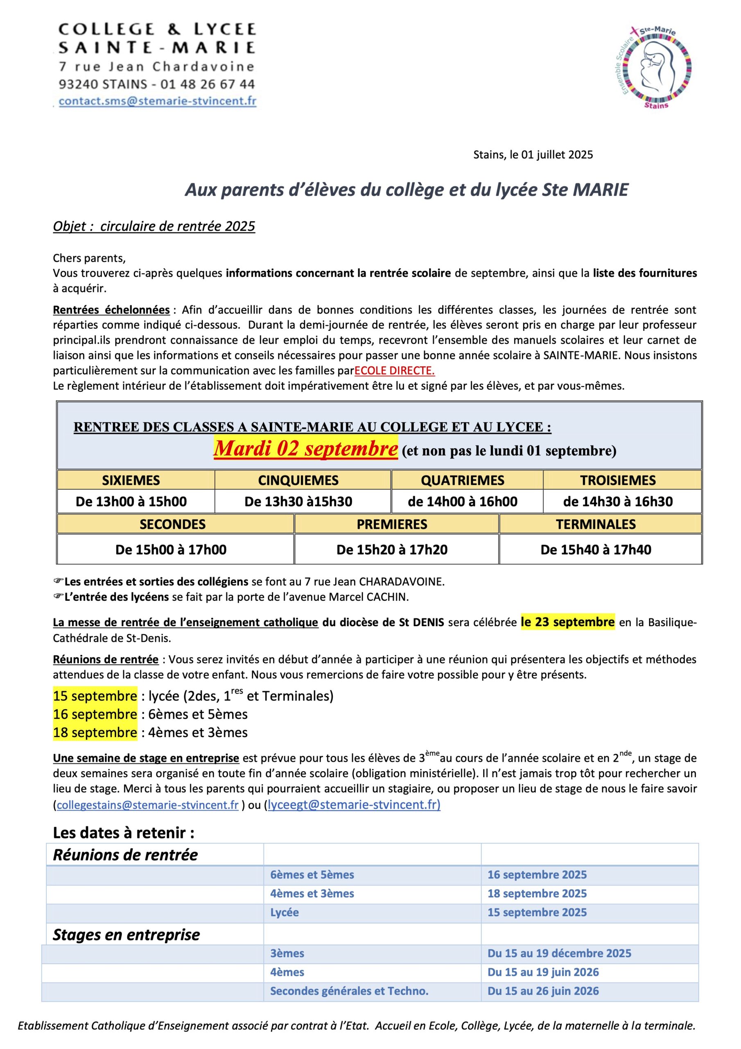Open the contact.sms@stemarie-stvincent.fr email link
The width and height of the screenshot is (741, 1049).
[x=158, y=101]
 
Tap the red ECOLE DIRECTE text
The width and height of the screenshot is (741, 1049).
[x=395, y=370]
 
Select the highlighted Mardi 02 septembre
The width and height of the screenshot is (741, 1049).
[x=305, y=449]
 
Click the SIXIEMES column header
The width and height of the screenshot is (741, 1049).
[x=131, y=480]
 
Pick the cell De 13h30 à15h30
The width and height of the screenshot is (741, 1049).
[x=298, y=502]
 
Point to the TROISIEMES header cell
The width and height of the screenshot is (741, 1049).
[x=618, y=480]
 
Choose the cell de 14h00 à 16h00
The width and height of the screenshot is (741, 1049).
[x=463, y=502]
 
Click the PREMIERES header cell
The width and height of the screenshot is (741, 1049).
[x=392, y=524]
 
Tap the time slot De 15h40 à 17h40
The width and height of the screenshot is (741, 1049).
[x=596, y=549]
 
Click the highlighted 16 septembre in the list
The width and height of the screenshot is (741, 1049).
[x=95, y=714]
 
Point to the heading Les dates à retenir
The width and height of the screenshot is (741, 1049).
[x=124, y=833]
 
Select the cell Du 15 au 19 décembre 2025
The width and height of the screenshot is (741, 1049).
[x=559, y=954]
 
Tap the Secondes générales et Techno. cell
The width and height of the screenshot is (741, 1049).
[x=349, y=991]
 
